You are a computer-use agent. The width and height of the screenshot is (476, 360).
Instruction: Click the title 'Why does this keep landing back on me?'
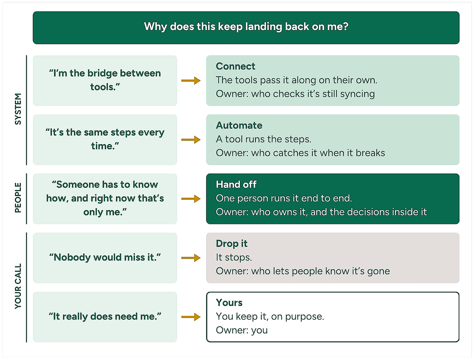(x=246, y=27)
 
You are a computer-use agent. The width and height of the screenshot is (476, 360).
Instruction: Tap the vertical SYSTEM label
(x=18, y=109)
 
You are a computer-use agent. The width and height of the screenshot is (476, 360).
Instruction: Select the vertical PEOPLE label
(x=18, y=198)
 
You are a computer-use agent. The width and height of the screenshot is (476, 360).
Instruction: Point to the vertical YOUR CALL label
(x=18, y=286)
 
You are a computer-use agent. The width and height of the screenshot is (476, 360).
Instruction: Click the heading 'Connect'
(x=235, y=66)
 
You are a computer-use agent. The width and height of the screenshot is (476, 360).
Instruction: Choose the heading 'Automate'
(x=239, y=125)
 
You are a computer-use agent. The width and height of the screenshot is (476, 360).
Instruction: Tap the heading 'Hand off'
(x=236, y=184)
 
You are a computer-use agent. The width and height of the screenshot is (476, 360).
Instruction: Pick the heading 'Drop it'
(x=231, y=244)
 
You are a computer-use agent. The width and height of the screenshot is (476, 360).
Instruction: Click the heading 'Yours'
(x=229, y=303)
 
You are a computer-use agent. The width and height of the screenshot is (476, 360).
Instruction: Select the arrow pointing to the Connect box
(x=191, y=81)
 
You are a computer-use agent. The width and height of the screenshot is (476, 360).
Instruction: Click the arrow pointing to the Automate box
(x=191, y=140)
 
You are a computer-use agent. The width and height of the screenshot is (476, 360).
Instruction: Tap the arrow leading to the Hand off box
(x=191, y=199)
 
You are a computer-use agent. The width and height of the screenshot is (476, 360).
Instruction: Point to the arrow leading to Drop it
(x=191, y=258)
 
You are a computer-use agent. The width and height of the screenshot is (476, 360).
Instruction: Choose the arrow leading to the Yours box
(x=191, y=317)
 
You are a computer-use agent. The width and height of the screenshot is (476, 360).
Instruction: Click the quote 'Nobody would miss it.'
(x=105, y=257)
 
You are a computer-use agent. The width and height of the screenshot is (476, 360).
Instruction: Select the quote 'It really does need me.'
(x=105, y=317)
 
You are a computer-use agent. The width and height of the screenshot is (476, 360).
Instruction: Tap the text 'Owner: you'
(x=242, y=330)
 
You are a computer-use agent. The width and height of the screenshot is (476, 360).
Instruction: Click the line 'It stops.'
(x=234, y=257)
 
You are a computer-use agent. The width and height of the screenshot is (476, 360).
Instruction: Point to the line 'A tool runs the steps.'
(x=263, y=139)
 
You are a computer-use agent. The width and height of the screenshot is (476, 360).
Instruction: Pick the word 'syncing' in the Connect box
(x=357, y=94)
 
